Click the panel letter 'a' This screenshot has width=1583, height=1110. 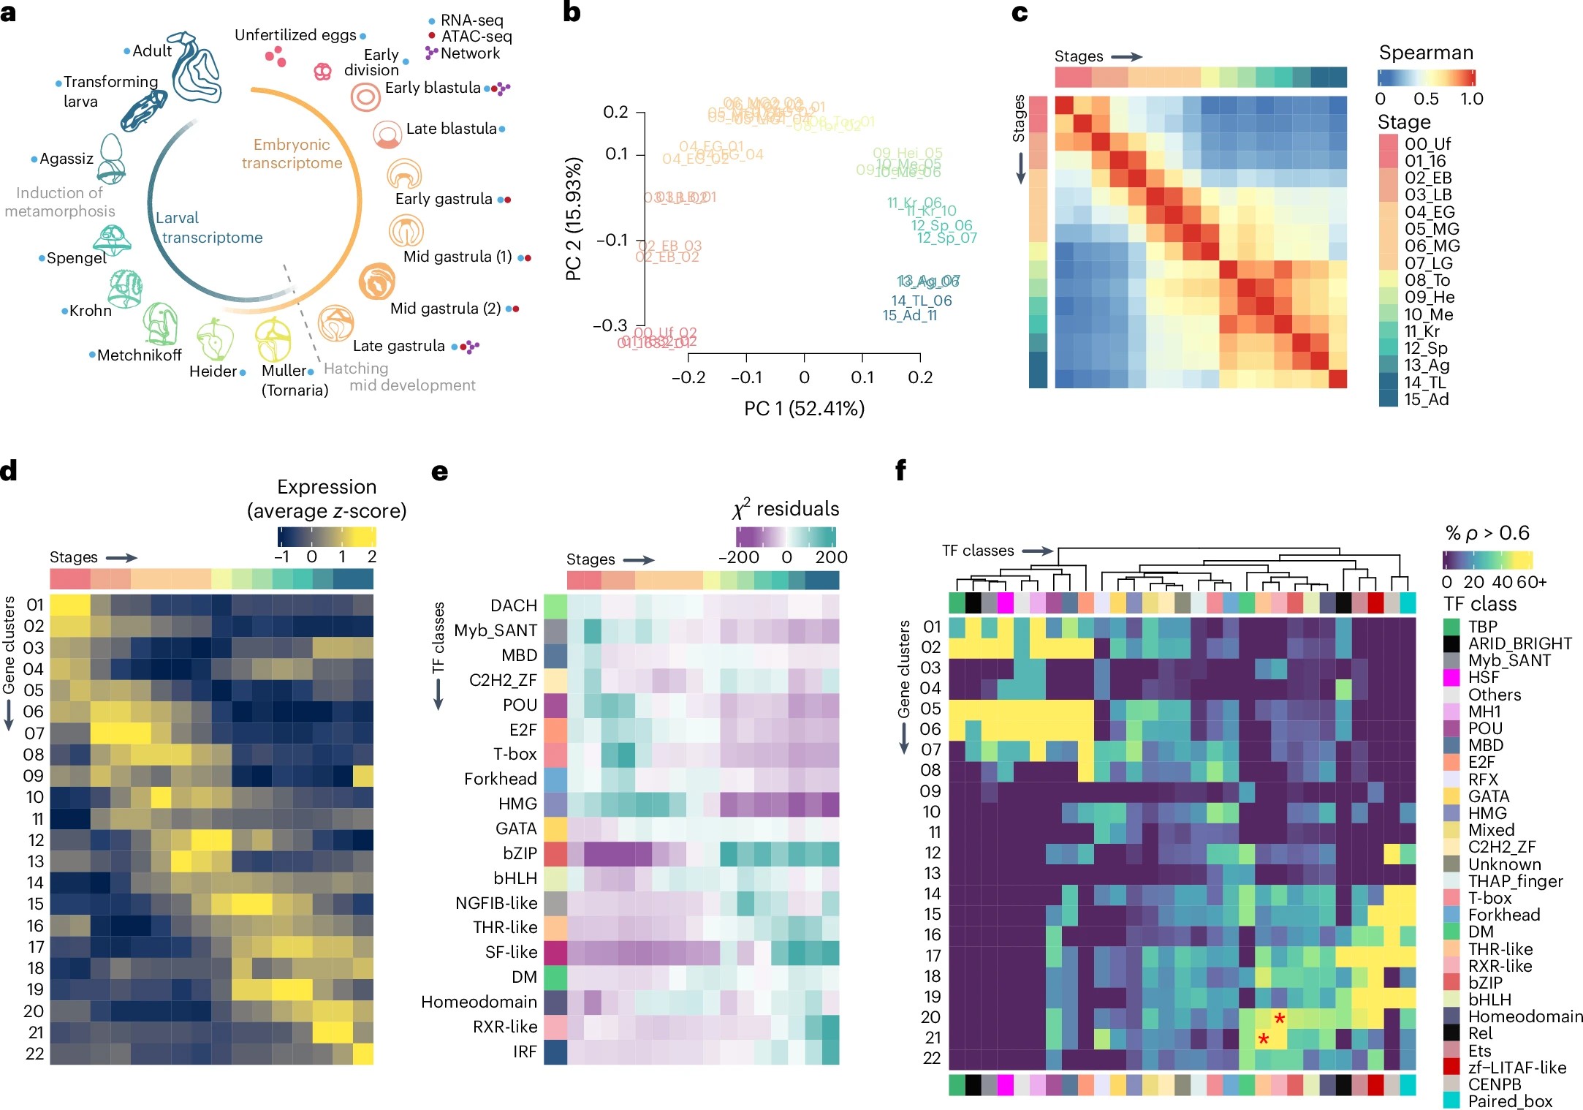tap(8, 12)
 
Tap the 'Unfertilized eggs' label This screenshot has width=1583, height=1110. tap(295, 35)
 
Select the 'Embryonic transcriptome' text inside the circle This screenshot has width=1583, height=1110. tap(292, 154)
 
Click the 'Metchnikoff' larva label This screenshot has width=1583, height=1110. tap(139, 355)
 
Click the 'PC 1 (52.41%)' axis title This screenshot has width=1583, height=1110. tap(804, 408)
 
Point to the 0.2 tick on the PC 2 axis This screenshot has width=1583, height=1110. tap(615, 112)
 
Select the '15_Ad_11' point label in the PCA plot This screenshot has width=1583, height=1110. tap(909, 316)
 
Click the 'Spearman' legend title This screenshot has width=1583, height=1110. tap(1425, 53)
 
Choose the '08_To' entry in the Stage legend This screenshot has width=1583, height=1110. tap(1427, 280)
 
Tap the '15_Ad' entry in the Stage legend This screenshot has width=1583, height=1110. tap(1426, 399)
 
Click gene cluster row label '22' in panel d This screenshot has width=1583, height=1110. tap(34, 1054)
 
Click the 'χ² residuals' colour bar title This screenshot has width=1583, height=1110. tap(786, 509)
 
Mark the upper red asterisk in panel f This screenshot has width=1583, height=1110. tap(1280, 1018)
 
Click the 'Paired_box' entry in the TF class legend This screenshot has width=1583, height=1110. tap(1509, 1101)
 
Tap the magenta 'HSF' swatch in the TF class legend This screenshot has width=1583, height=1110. tap(1451, 678)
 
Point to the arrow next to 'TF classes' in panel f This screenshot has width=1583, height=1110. tap(1037, 551)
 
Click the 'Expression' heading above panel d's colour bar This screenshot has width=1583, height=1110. tap(327, 487)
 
